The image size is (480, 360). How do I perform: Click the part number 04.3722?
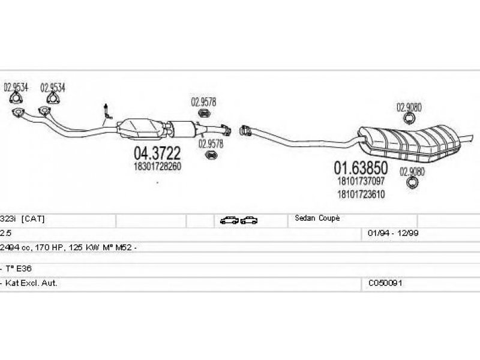157,153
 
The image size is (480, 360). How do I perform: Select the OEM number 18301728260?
157,167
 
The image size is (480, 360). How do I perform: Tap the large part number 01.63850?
361,168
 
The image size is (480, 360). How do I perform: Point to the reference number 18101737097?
361,181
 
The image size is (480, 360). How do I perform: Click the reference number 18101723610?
361,194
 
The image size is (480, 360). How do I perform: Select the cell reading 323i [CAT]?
22,219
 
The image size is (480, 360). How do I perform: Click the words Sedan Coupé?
317,218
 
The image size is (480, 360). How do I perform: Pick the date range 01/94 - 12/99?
393,233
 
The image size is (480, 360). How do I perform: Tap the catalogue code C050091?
385,283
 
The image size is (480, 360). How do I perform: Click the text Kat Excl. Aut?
31,283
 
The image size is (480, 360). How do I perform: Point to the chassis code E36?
23,269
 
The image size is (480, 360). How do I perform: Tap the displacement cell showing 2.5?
5,233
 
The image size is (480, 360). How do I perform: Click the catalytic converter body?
142,128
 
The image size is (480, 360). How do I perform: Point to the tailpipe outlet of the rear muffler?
466,138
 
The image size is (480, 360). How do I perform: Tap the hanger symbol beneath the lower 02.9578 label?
211,155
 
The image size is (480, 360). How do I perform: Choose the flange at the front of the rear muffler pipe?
245,130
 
